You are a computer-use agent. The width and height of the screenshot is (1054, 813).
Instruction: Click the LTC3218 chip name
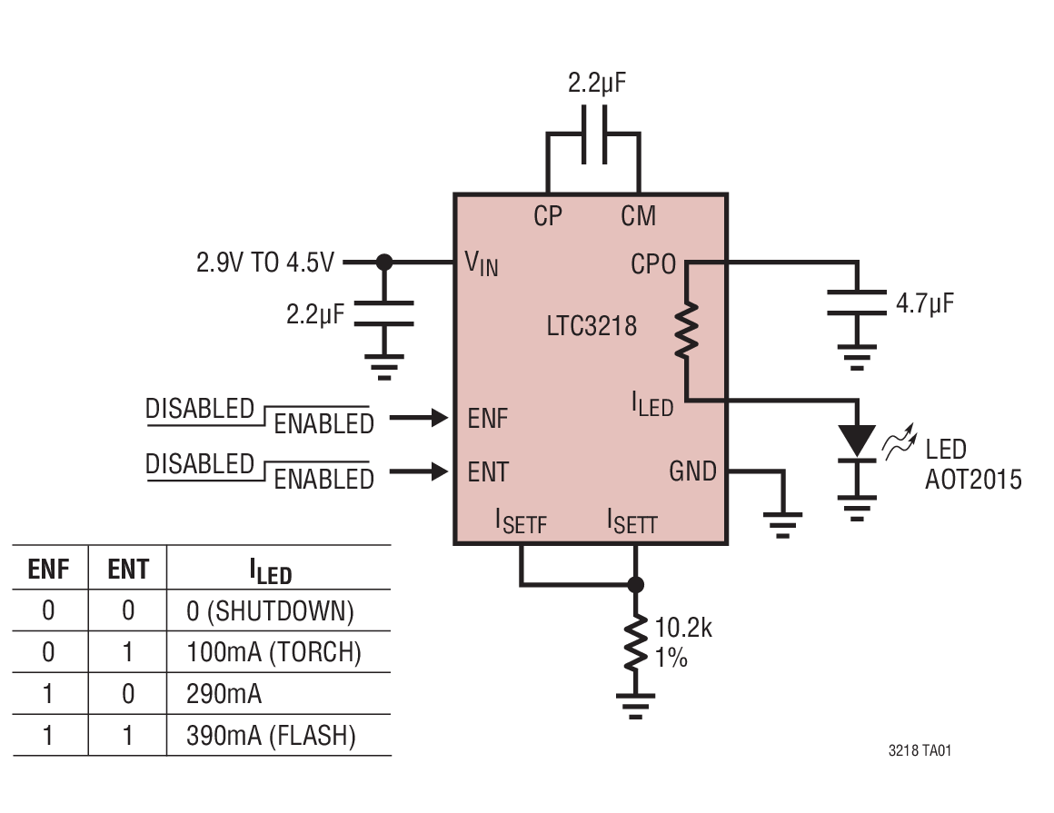(592, 325)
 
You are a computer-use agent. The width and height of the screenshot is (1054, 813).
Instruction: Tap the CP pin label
(547, 216)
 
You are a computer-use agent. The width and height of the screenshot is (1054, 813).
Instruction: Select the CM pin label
(638, 216)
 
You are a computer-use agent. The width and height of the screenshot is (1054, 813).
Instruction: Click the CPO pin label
(653, 264)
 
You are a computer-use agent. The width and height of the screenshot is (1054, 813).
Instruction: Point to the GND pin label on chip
(692, 471)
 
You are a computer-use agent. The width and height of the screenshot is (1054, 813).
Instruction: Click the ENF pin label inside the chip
(488, 419)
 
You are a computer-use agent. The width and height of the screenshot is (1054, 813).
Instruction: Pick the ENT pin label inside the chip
(488, 472)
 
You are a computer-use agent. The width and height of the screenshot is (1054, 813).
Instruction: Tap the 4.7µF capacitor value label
(925, 303)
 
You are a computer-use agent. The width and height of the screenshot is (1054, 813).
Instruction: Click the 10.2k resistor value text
(683, 628)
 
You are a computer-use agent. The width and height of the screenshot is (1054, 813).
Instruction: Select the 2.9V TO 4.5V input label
(265, 263)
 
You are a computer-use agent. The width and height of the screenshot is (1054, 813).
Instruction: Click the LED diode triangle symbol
(856, 441)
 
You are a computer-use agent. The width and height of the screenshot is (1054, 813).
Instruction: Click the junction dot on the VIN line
(384, 263)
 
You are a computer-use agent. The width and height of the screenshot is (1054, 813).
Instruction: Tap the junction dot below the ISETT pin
(636, 584)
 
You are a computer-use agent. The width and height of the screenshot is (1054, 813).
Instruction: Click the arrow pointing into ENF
(419, 418)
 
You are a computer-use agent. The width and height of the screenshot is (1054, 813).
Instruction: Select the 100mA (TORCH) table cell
(273, 652)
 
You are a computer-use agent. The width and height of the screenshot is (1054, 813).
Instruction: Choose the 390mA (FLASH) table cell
(271, 736)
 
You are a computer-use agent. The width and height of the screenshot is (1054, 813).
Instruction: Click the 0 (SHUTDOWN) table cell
(270, 611)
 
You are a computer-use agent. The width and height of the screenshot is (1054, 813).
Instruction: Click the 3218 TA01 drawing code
(920, 751)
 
